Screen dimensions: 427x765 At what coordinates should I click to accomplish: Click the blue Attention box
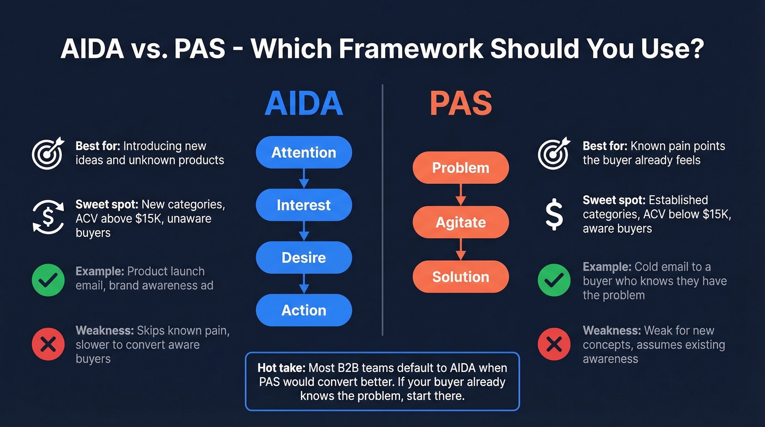304,153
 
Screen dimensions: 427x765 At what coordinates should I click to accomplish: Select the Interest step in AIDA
304,205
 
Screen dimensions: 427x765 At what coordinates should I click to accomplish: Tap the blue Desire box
304,258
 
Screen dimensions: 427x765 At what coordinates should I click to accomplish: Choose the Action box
304,310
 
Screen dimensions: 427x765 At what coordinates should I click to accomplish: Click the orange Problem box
461,168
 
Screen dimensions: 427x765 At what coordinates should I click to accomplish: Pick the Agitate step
461,222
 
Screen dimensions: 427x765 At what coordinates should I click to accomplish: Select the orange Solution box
461,277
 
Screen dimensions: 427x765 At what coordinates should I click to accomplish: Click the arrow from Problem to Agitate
461,195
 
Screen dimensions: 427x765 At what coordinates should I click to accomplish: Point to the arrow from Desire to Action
304,284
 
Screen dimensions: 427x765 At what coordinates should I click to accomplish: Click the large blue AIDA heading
304,104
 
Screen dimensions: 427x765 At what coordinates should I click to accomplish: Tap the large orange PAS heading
461,104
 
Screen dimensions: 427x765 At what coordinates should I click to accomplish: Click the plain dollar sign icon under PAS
554,214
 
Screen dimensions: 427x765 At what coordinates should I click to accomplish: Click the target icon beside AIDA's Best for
48,153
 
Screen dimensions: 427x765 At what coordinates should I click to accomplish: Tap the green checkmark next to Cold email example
554,280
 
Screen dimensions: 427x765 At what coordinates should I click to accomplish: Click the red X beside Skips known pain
48,344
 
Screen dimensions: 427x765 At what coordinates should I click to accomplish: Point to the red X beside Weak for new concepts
554,344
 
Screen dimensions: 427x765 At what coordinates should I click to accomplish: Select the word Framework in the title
410,49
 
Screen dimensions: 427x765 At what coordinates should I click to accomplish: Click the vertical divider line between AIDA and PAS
382,219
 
